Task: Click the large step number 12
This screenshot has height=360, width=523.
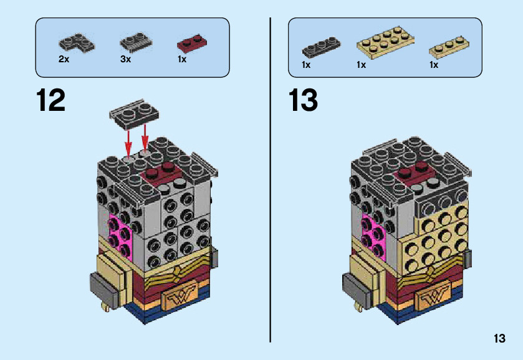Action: pyautogui.click(x=51, y=100)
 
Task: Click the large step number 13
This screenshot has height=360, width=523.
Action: pyautogui.click(x=304, y=100)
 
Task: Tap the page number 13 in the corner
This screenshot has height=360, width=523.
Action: pyautogui.click(x=499, y=339)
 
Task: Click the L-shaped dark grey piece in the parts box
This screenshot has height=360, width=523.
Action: pyautogui.click(x=77, y=43)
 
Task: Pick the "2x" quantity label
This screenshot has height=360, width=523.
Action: pyautogui.click(x=64, y=60)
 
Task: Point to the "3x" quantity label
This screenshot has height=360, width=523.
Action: pyautogui.click(x=125, y=60)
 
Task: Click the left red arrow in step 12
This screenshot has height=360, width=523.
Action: pyautogui.click(x=128, y=142)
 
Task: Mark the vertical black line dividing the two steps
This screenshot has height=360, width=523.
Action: pyautogui.click(x=270, y=180)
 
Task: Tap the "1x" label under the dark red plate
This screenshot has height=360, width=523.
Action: pyautogui.click(x=182, y=60)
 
